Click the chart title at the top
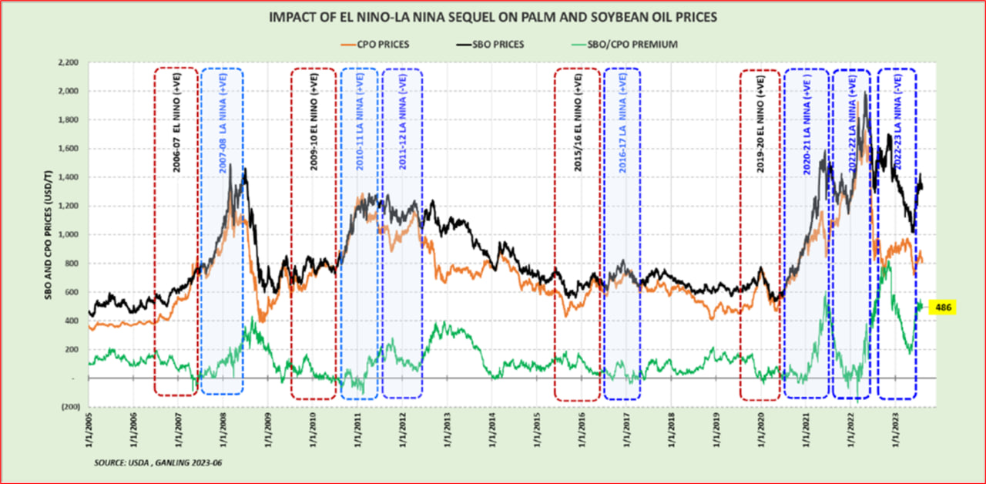493,16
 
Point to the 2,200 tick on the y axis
69,62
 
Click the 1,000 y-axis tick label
69,235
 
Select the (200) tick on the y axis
72,407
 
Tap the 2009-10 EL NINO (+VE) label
314,123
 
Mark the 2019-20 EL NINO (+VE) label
760,123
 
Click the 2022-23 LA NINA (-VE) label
898,123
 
